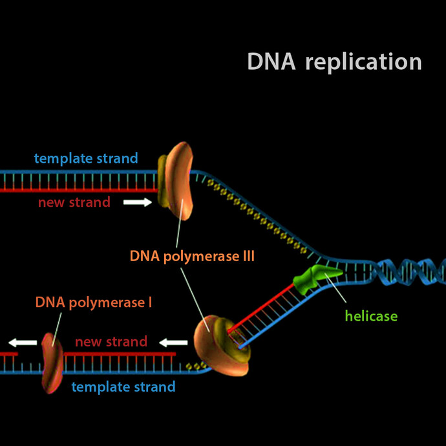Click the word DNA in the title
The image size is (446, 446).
tap(271, 62)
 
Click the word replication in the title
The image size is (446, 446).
tap(363, 63)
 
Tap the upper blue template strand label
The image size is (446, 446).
tap(86, 158)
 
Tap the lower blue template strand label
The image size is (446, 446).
tap(123, 387)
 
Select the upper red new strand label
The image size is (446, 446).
tap(74, 202)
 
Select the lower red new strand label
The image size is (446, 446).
tap(111, 341)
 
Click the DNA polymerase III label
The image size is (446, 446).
tap(192, 256)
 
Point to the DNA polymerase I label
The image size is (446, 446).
tap(94, 302)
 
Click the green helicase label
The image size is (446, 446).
tap(371, 316)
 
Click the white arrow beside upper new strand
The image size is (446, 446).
tap(137, 202)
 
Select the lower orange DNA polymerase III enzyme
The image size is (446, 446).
tap(220, 346)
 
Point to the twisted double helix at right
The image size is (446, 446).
tap(407, 271)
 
